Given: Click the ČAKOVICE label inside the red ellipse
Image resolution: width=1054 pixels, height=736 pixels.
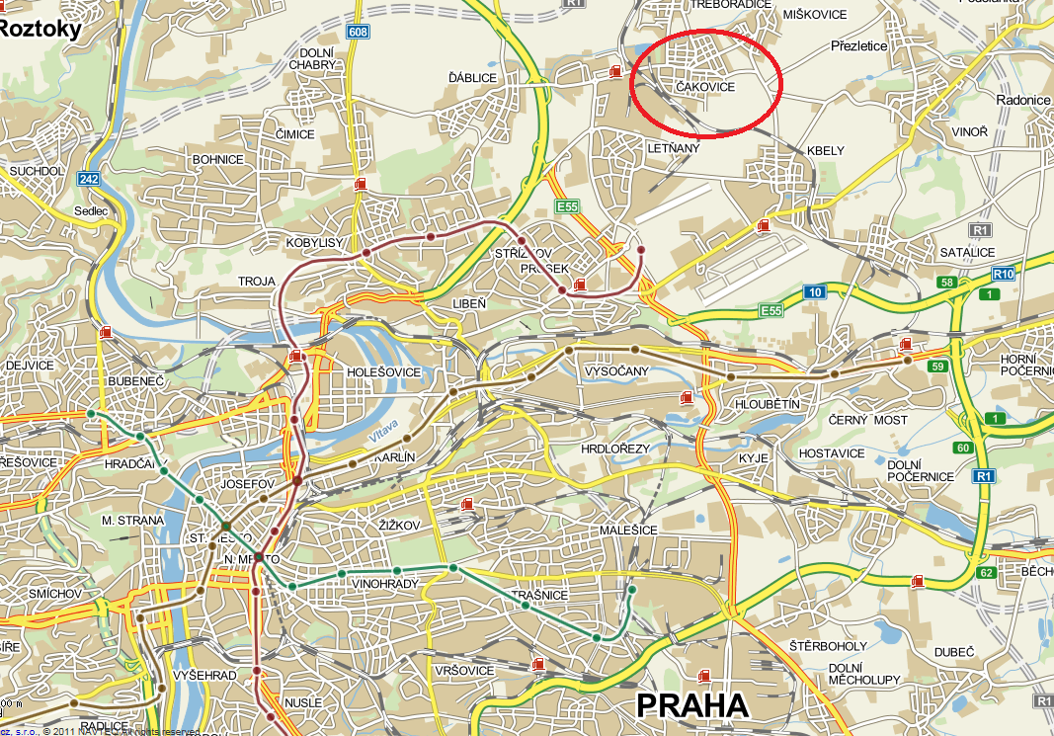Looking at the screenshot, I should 705,88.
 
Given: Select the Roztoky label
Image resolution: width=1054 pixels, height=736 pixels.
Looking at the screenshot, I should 40,29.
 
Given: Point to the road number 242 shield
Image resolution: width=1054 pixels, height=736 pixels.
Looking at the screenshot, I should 89,179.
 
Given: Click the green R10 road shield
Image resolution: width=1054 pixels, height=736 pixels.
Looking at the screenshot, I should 1004,274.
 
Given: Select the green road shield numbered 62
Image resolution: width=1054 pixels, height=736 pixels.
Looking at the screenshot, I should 984,572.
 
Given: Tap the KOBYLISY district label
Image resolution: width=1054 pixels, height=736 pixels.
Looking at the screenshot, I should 314,242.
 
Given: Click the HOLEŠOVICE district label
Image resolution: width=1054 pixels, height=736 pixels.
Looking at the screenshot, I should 384,371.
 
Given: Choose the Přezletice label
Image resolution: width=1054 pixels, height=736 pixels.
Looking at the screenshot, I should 858,45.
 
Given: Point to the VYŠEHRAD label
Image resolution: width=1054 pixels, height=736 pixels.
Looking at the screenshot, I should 203,675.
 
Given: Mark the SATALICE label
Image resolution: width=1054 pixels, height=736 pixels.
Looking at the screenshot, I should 967,252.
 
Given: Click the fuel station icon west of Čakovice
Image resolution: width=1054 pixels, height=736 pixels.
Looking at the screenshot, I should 616,69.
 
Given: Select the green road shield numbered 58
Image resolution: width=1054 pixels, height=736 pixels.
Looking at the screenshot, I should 947,284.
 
